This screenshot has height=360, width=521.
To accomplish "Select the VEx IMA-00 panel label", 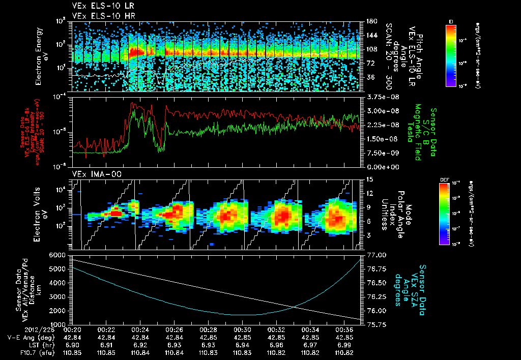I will pyautogui.click(x=93, y=174).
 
